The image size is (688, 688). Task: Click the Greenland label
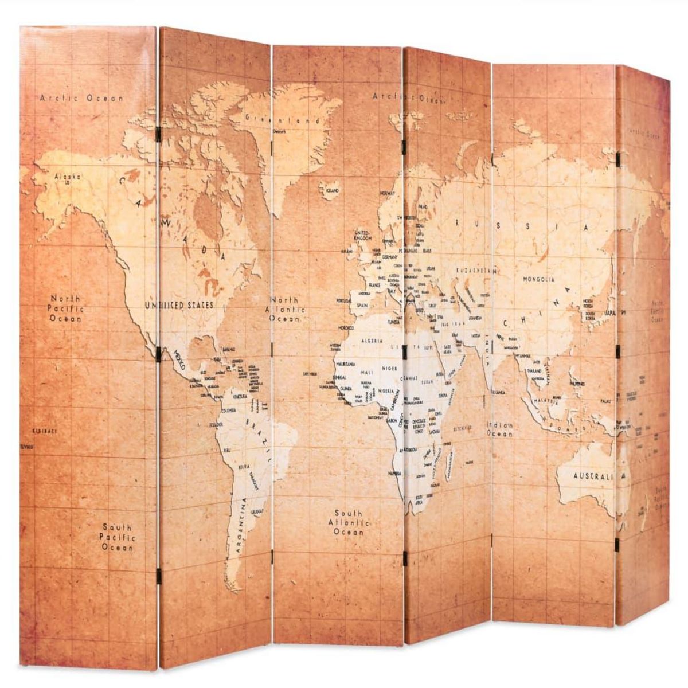pyautogui.click(x=284, y=121)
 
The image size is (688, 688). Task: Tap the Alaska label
pyautogui.click(x=68, y=177)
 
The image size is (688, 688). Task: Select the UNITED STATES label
pyautogui.click(x=178, y=305)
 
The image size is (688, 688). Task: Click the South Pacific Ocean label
pyautogui.click(x=118, y=537)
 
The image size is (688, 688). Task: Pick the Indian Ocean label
pyautogui.click(x=500, y=429)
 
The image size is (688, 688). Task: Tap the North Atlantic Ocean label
pyautogui.click(x=286, y=310)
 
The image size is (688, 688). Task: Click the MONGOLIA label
pyautogui.click(x=538, y=280)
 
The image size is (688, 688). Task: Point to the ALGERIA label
pyautogui.click(x=372, y=341)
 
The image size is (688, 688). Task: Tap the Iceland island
pyautogui.click(x=330, y=190)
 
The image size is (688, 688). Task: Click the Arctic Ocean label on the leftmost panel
pyautogui.click(x=81, y=98)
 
